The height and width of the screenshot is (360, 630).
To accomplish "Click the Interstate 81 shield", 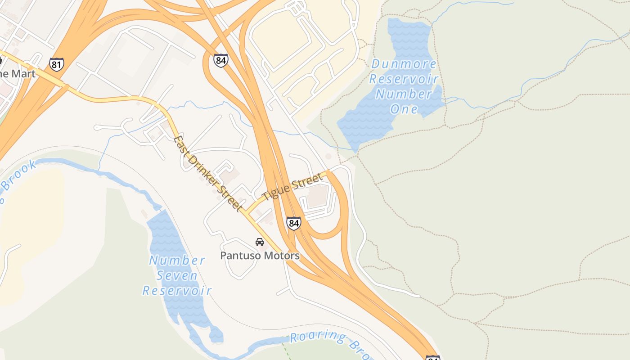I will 56,64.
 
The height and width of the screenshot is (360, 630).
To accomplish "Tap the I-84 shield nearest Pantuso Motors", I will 293,223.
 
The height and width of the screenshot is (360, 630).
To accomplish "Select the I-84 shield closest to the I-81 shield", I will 220,60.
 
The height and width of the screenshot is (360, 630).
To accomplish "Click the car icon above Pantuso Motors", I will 260,242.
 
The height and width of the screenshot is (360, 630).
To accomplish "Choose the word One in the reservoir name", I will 404,109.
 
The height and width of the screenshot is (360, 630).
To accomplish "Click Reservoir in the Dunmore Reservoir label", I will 404,79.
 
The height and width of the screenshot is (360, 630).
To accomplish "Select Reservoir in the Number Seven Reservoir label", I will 177,291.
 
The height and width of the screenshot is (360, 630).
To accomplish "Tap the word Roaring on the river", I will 319,336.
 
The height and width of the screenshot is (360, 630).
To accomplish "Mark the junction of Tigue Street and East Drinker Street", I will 246,211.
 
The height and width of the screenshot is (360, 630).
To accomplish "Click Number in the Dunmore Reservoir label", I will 404,94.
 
